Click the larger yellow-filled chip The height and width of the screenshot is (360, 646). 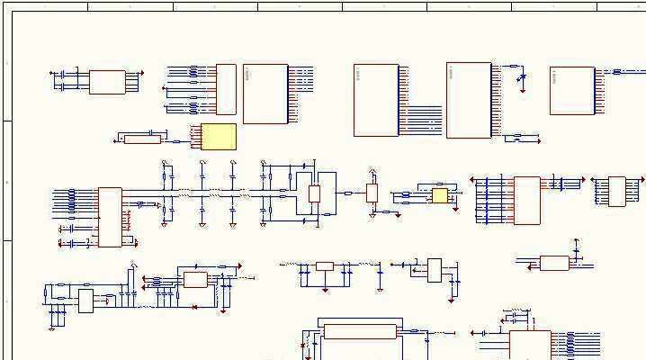click(x=219, y=137)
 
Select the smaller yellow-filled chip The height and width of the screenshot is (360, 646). click(x=439, y=195)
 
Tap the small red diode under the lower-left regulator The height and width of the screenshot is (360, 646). click(x=195, y=307)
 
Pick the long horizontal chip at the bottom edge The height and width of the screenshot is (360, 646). click(x=360, y=331)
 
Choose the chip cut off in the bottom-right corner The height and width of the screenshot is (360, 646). click(x=530, y=345)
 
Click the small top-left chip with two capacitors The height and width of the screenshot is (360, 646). click(x=107, y=82)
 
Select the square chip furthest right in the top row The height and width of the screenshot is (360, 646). click(x=572, y=90)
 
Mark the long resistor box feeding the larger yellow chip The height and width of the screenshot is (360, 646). click(x=142, y=139)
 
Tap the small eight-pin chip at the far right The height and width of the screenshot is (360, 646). click(x=616, y=191)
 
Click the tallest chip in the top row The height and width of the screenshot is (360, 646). click(x=468, y=100)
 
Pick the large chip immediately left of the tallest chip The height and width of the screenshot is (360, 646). click(x=376, y=100)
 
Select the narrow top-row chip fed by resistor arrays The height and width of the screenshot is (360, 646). click(x=226, y=89)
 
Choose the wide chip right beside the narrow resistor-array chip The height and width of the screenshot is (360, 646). click(x=265, y=94)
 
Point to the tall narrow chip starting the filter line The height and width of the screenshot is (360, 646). click(x=110, y=217)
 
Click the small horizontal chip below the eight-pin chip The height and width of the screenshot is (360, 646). click(x=554, y=263)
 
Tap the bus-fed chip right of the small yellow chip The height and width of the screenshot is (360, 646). click(x=526, y=201)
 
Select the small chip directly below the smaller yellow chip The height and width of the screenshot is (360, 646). click(x=435, y=270)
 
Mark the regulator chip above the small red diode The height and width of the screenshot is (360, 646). click(x=195, y=280)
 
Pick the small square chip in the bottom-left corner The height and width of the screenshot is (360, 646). click(x=86, y=301)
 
